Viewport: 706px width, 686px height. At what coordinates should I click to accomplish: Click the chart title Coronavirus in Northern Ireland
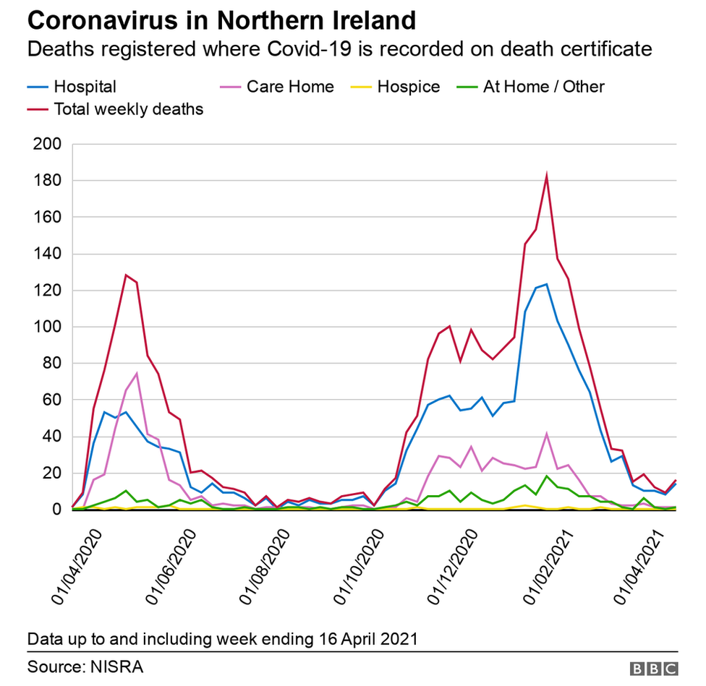(x=221, y=20)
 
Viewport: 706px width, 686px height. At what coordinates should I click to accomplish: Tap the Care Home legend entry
(x=289, y=87)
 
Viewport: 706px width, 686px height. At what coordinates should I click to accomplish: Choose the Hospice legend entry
(x=408, y=87)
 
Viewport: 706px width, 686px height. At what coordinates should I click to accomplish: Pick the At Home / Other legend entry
(x=543, y=87)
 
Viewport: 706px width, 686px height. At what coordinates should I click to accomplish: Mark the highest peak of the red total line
(x=547, y=175)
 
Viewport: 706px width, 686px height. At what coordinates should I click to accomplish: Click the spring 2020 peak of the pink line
(x=136, y=374)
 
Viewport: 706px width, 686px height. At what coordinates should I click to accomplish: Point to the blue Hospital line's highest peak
(x=547, y=284)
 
